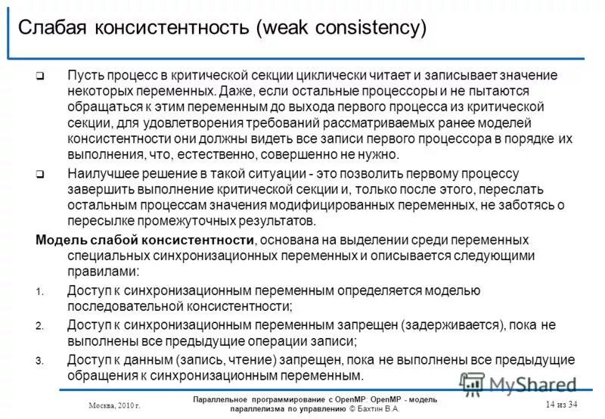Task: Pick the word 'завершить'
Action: pyautogui.click(x=101, y=189)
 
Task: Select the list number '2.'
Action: pyautogui.click(x=40, y=326)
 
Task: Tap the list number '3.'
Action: pyautogui.click(x=40, y=361)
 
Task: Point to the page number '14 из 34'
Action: pyautogui.click(x=561, y=405)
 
